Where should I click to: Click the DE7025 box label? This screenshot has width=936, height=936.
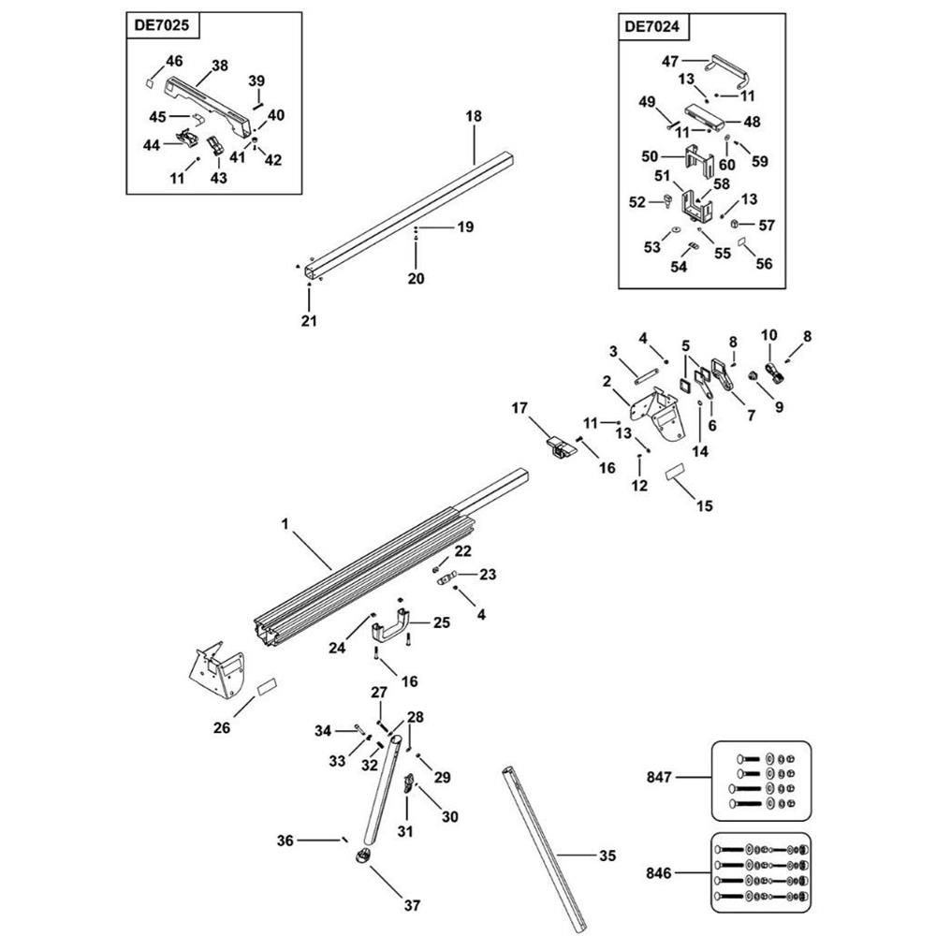click(162, 27)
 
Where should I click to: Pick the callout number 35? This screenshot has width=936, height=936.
click(607, 855)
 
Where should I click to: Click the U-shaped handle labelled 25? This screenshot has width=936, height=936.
click(393, 623)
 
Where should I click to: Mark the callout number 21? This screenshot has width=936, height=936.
click(309, 321)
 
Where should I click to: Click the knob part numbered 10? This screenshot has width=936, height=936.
click(775, 373)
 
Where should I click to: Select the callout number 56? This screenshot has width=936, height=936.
click(764, 264)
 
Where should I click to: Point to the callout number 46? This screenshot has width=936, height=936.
click(174, 61)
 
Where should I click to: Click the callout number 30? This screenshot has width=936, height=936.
click(449, 816)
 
